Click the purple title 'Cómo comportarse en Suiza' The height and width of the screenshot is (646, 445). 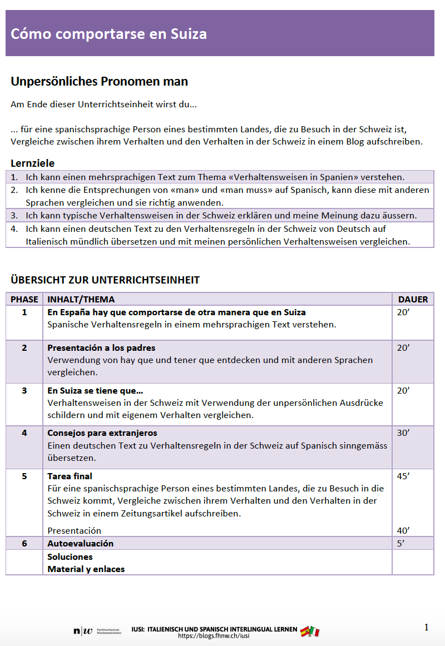click(109, 34)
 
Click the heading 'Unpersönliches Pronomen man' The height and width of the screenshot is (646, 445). click(100, 82)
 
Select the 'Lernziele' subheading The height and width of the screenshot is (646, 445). click(33, 163)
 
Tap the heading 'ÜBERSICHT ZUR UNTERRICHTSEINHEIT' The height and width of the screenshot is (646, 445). click(105, 280)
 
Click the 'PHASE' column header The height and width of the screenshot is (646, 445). click(24, 299)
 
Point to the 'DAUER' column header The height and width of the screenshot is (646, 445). click(413, 299)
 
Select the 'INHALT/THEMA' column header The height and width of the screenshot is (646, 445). click(81, 299)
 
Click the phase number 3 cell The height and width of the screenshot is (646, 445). click(24, 390)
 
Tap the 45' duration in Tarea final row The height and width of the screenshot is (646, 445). click(403, 476)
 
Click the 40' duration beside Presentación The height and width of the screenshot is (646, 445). click(403, 530)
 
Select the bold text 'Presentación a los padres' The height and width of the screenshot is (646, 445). click(101, 347)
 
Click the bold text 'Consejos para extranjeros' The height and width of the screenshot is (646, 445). click(102, 433)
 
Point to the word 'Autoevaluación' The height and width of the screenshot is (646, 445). click(80, 543)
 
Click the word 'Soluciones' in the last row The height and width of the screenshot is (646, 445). click(70, 556)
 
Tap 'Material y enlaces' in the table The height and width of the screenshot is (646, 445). click(86, 569)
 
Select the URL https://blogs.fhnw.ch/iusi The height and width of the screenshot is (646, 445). click(214, 635)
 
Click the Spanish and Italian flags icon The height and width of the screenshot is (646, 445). click(310, 632)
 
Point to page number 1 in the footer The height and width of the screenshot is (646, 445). click(427, 627)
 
